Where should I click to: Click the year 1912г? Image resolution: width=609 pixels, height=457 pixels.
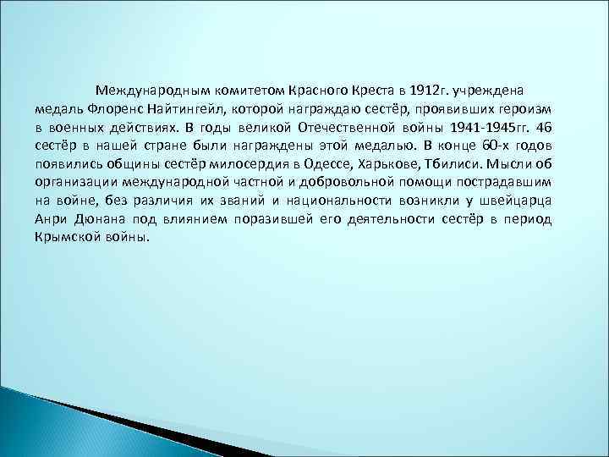click(x=426, y=89)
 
